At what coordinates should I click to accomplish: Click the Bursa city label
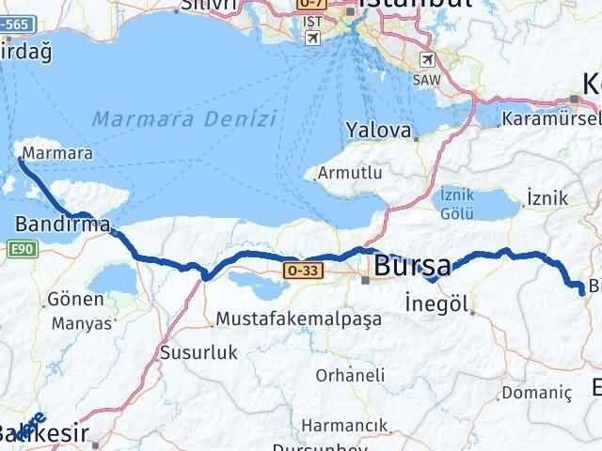[x=412, y=266]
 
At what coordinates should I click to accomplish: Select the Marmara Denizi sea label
[x=184, y=119]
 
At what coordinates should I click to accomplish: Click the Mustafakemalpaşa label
[x=298, y=319]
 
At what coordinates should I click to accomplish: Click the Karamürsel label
[x=551, y=119]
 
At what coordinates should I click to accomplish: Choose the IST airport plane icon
[x=311, y=36]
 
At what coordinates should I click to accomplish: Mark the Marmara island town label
[x=44, y=151]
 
